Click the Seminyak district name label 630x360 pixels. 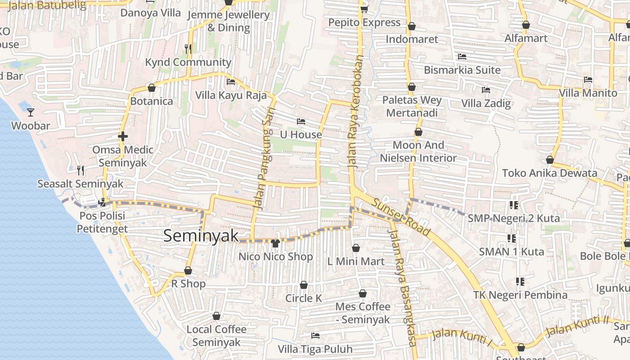pyautogui.click(x=201, y=236)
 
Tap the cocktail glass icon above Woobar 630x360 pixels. pyautogui.click(x=31, y=112)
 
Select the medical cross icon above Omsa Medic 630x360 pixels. pyautogui.click(x=122, y=136)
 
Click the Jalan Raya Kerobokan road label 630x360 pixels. pyautogui.click(x=355, y=112)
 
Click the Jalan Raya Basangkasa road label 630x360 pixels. pyautogui.click(x=403, y=288)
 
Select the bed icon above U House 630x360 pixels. pyautogui.click(x=301, y=121)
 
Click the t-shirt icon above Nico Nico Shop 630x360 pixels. pyautogui.click(x=275, y=243)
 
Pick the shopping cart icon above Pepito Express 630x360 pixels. pyautogui.click(x=364, y=9)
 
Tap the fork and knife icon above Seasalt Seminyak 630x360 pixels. pyautogui.click(x=81, y=170)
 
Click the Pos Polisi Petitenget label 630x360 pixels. pyautogui.click(x=102, y=222)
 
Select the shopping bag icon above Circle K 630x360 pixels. pyautogui.click(x=304, y=285)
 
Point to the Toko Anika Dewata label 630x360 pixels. pyautogui.click(x=549, y=173)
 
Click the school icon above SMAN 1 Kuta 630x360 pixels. pyautogui.click(x=511, y=238)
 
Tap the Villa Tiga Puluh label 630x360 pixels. pyautogui.click(x=315, y=349)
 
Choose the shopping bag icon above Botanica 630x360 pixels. pyautogui.click(x=152, y=88)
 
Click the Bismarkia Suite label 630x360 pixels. pyautogui.click(x=462, y=70)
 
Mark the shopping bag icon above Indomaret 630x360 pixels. pyautogui.click(x=411, y=26)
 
